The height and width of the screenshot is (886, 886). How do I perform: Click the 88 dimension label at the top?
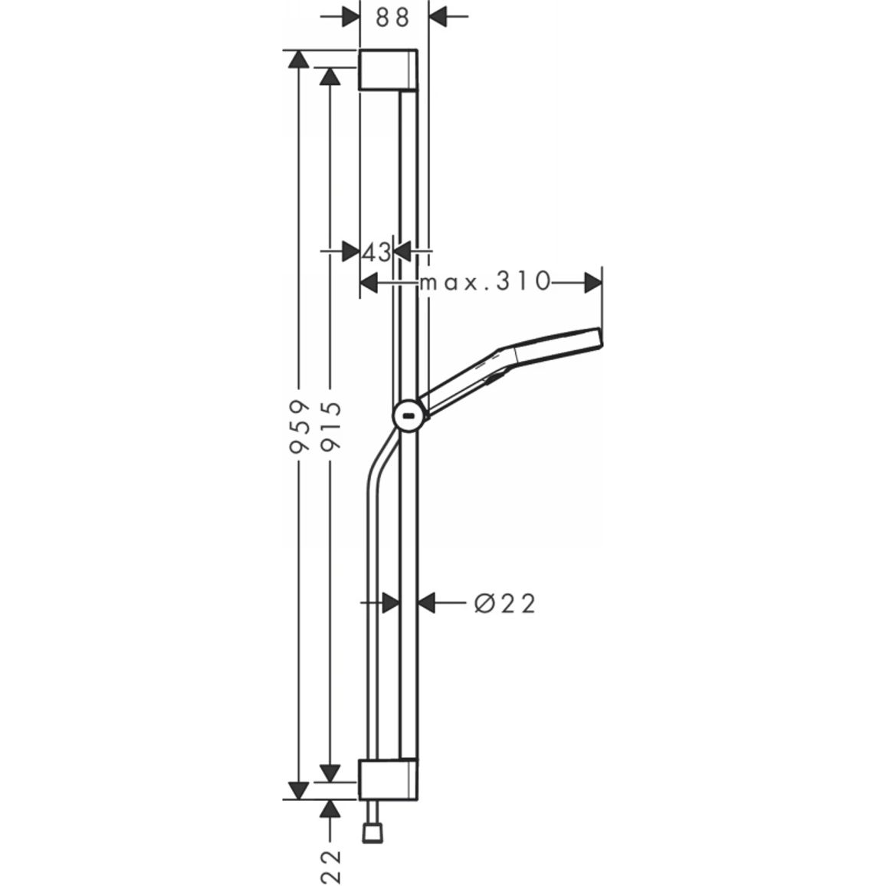coord(392,18)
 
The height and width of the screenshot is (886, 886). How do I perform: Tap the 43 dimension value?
coord(376,252)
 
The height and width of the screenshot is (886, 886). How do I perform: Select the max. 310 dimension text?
coord(485,281)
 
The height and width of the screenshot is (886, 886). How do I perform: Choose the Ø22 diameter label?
coord(504,603)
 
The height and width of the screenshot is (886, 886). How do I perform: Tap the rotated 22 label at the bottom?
coord(330,865)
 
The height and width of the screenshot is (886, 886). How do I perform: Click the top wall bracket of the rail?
coord(388,70)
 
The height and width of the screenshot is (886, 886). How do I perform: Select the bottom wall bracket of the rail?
coord(388,779)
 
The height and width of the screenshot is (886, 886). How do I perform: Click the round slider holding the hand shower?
coord(410,417)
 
